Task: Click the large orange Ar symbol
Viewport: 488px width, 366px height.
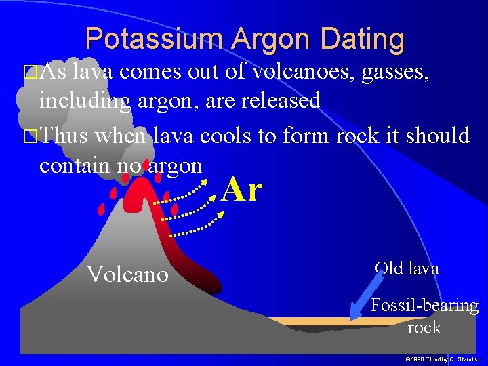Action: point(241,189)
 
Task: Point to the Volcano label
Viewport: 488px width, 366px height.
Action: point(127,274)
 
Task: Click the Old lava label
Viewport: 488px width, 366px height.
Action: point(407,268)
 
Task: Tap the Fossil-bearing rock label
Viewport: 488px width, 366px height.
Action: point(424,317)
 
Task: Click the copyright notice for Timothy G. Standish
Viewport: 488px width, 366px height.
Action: point(443,358)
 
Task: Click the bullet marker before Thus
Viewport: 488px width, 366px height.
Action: point(28,136)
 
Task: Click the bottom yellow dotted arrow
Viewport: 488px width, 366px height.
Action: point(197,224)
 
